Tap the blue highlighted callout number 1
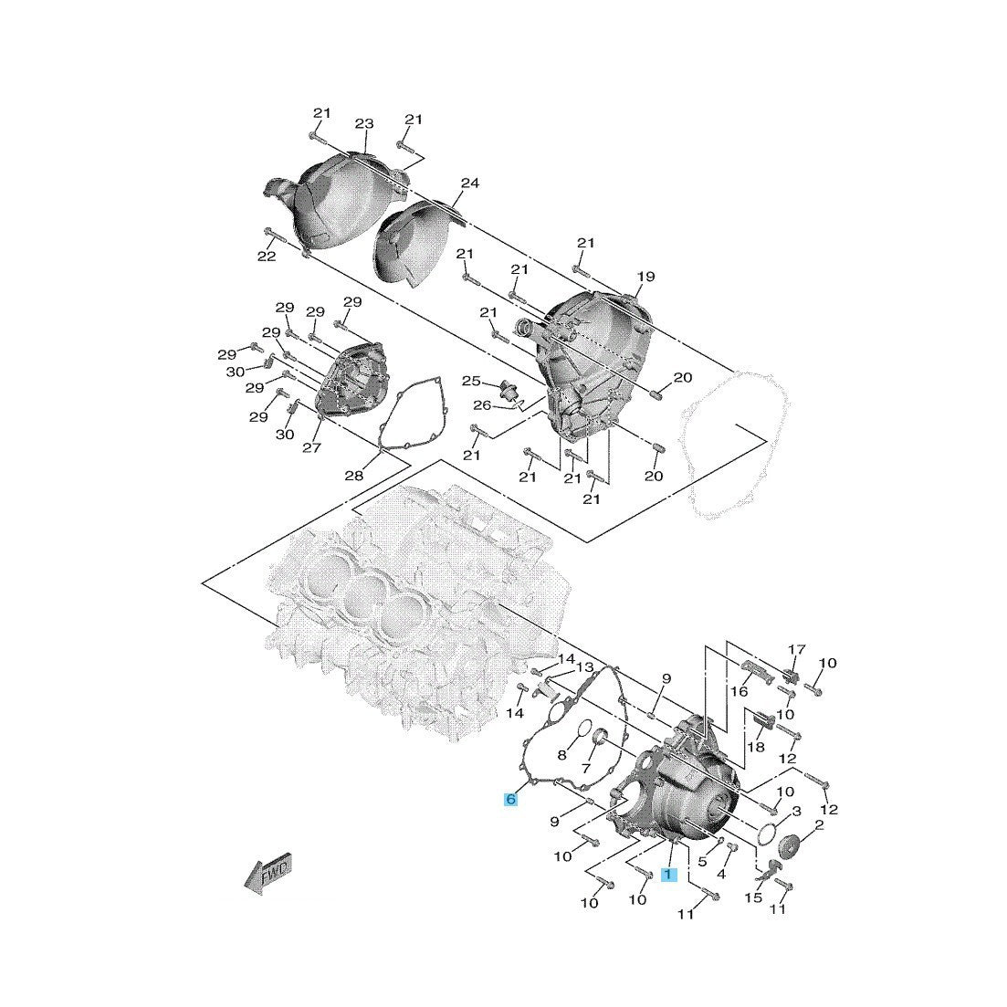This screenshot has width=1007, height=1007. (667, 875)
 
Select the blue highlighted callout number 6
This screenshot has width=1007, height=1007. (511, 800)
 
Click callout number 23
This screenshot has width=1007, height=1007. (364, 124)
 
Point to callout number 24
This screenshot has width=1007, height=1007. (469, 184)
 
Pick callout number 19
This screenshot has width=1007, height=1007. (646, 277)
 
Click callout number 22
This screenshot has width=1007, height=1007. (266, 257)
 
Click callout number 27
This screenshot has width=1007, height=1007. (312, 447)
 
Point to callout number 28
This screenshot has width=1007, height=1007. (354, 476)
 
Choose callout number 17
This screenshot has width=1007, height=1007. (797, 649)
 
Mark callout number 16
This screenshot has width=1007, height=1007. (738, 692)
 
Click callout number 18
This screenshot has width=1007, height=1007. (757, 748)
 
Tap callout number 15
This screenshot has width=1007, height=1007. (753, 898)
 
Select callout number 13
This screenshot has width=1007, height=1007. (584, 667)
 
